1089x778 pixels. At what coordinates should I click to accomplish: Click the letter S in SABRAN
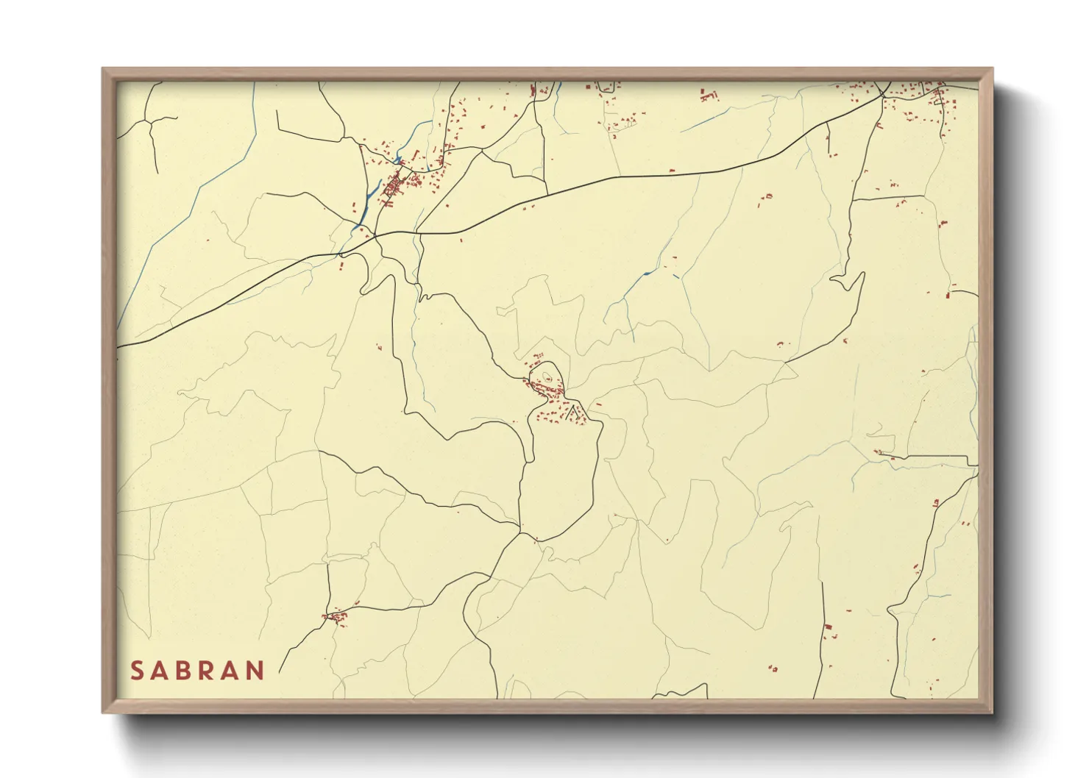point(137,671)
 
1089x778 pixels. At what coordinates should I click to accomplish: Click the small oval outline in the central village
point(547,379)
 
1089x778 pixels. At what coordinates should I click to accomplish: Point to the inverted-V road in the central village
point(573,409)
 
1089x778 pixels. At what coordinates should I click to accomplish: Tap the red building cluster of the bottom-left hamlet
point(336,616)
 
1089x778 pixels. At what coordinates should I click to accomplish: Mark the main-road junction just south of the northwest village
point(375,235)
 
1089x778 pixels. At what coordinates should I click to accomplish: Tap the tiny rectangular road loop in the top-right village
point(937,96)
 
